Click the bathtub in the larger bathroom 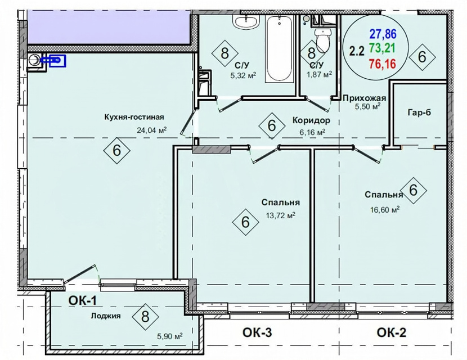pyautogui.click(x=279, y=48)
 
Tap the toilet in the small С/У pyautogui.click(x=322, y=40)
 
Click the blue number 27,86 pyautogui.click(x=383, y=34)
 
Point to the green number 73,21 pyautogui.click(x=382, y=48)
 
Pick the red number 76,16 pyautogui.click(x=383, y=63)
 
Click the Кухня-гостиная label pyautogui.click(x=134, y=117)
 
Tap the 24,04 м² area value pyautogui.click(x=151, y=130)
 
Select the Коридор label pyautogui.click(x=311, y=120)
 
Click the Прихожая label pyautogui.click(x=364, y=98)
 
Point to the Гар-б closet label pyautogui.click(x=419, y=112)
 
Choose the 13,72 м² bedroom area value pyautogui.click(x=281, y=215)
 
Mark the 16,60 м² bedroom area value pyautogui.click(x=385, y=210)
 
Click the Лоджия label pyautogui.click(x=106, y=316)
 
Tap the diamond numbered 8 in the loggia pyautogui.click(x=145, y=317)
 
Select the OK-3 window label pyautogui.click(x=257, y=332)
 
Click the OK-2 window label pyautogui.click(x=392, y=332)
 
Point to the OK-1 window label pyautogui.click(x=83, y=301)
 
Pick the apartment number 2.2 pyautogui.click(x=357, y=52)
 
